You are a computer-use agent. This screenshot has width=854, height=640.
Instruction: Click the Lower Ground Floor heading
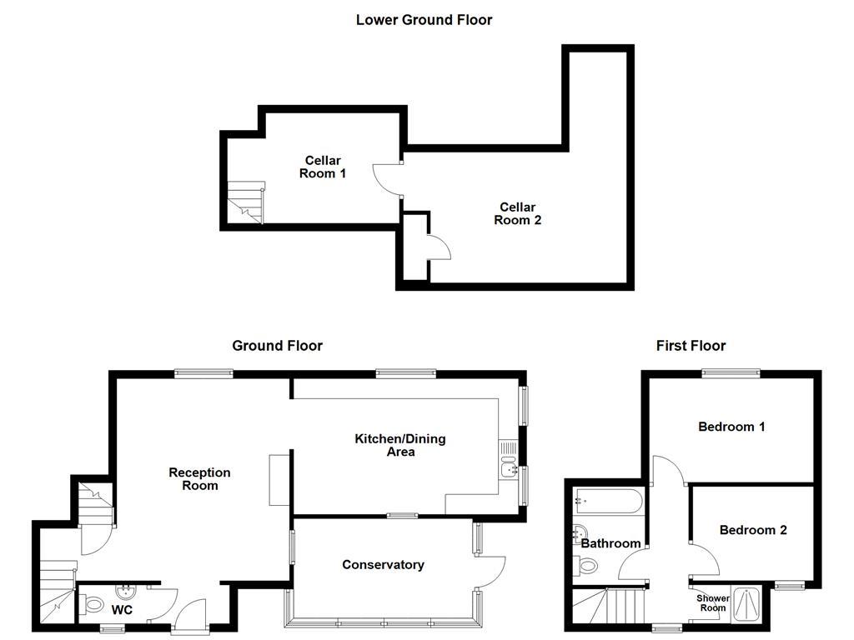[424, 19]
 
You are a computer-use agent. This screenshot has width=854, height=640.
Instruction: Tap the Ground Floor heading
[277, 345]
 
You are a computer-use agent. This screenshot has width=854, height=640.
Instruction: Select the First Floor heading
[691, 345]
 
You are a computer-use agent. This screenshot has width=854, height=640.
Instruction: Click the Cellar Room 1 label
[322, 167]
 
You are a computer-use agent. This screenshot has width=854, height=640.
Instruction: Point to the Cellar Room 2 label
[517, 213]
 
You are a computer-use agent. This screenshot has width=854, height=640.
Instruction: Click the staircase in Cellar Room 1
[246, 203]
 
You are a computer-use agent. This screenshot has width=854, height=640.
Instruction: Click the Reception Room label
[199, 478]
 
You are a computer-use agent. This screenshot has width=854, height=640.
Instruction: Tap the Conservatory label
[383, 564]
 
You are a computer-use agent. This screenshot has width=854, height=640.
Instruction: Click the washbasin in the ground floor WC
[126, 593]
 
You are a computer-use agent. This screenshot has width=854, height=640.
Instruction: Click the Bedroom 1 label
[731, 427]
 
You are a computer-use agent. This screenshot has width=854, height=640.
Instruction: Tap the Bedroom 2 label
[752, 529]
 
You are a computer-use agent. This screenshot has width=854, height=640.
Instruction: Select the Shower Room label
[713, 602]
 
